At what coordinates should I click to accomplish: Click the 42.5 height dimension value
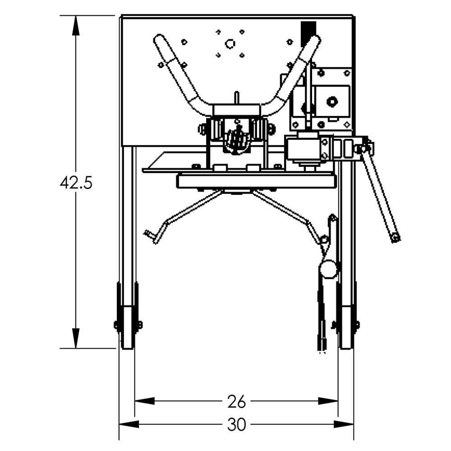tap(76, 183)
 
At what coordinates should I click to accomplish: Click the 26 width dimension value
tap(236, 400)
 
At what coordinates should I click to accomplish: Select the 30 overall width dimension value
tap(236, 424)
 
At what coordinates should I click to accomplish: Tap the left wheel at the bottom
tap(128, 325)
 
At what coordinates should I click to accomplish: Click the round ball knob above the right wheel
tap(328, 269)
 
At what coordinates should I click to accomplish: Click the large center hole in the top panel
tap(230, 44)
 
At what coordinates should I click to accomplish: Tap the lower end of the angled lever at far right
tap(396, 237)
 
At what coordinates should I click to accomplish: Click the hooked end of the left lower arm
tap(151, 235)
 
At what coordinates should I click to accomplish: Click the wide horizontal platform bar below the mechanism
tap(256, 181)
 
